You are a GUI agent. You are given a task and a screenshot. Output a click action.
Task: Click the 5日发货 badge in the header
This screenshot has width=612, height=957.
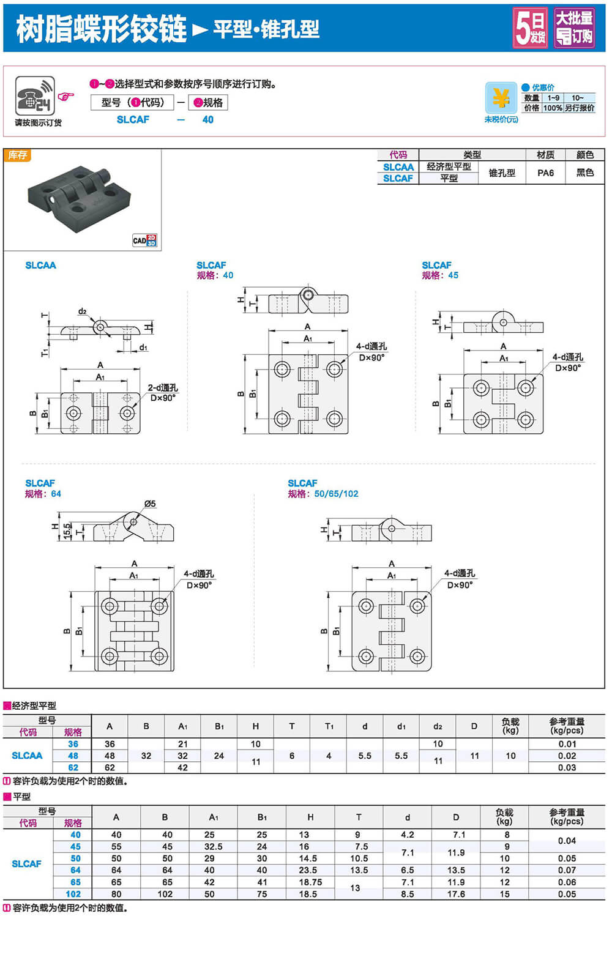530,28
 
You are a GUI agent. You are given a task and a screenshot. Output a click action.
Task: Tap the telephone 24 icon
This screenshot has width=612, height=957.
35,95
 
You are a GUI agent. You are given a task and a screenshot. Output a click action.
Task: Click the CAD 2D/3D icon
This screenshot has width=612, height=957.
145,240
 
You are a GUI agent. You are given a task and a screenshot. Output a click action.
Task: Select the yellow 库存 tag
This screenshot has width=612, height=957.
17,155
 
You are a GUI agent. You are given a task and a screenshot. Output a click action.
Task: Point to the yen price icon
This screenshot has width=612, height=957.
501,97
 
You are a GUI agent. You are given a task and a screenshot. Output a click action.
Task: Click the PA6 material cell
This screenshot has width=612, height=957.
545,173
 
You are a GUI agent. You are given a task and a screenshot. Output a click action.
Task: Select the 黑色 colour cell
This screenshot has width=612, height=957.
584,173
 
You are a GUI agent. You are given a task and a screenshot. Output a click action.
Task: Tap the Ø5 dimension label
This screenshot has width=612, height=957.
150,504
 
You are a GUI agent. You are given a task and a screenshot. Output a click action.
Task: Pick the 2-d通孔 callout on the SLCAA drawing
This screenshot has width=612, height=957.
163,387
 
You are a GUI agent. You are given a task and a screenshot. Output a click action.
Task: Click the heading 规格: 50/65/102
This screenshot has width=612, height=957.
323,494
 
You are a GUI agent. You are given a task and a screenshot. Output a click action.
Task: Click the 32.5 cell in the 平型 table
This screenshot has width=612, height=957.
213,846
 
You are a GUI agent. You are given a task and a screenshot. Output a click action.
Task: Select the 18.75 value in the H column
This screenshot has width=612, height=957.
310,882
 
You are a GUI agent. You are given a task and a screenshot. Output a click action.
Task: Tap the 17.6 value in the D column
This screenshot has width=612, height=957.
456,894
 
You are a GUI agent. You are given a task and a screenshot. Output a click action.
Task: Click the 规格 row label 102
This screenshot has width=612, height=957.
73,894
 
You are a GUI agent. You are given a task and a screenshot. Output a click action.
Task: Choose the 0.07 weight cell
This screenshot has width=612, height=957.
567,870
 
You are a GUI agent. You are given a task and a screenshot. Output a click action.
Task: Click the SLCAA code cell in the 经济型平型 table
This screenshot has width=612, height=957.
28,756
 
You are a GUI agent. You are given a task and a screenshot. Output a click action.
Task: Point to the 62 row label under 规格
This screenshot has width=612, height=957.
73,767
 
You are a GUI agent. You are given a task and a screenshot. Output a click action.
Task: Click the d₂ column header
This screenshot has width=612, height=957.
438,726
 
